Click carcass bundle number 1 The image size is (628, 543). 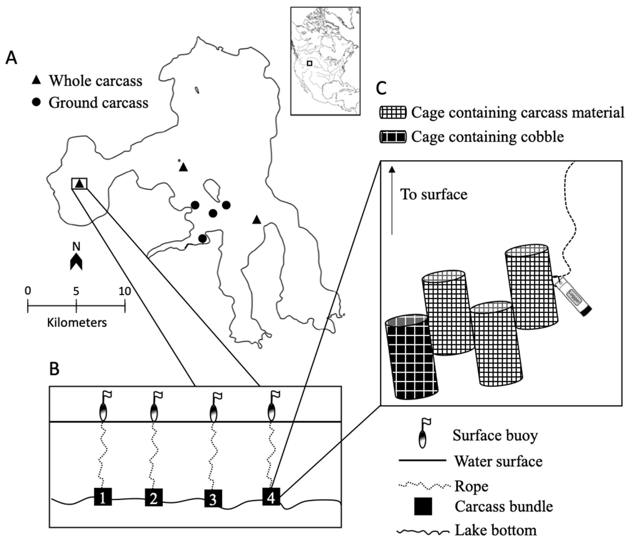tap(103, 497)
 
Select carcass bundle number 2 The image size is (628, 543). tap(154, 497)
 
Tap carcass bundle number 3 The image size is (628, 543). tap(213, 498)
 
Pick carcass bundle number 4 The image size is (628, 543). tap(271, 497)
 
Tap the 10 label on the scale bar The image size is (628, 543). tap(125, 291)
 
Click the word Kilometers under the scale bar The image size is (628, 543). tap(77, 323)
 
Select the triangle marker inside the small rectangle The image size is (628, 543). tap(79, 183)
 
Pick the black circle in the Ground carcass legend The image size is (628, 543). tap(36, 102)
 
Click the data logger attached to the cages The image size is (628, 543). tap(572, 296)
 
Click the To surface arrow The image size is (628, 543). tap(392, 200)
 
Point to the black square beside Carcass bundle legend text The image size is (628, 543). tap(423, 507)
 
